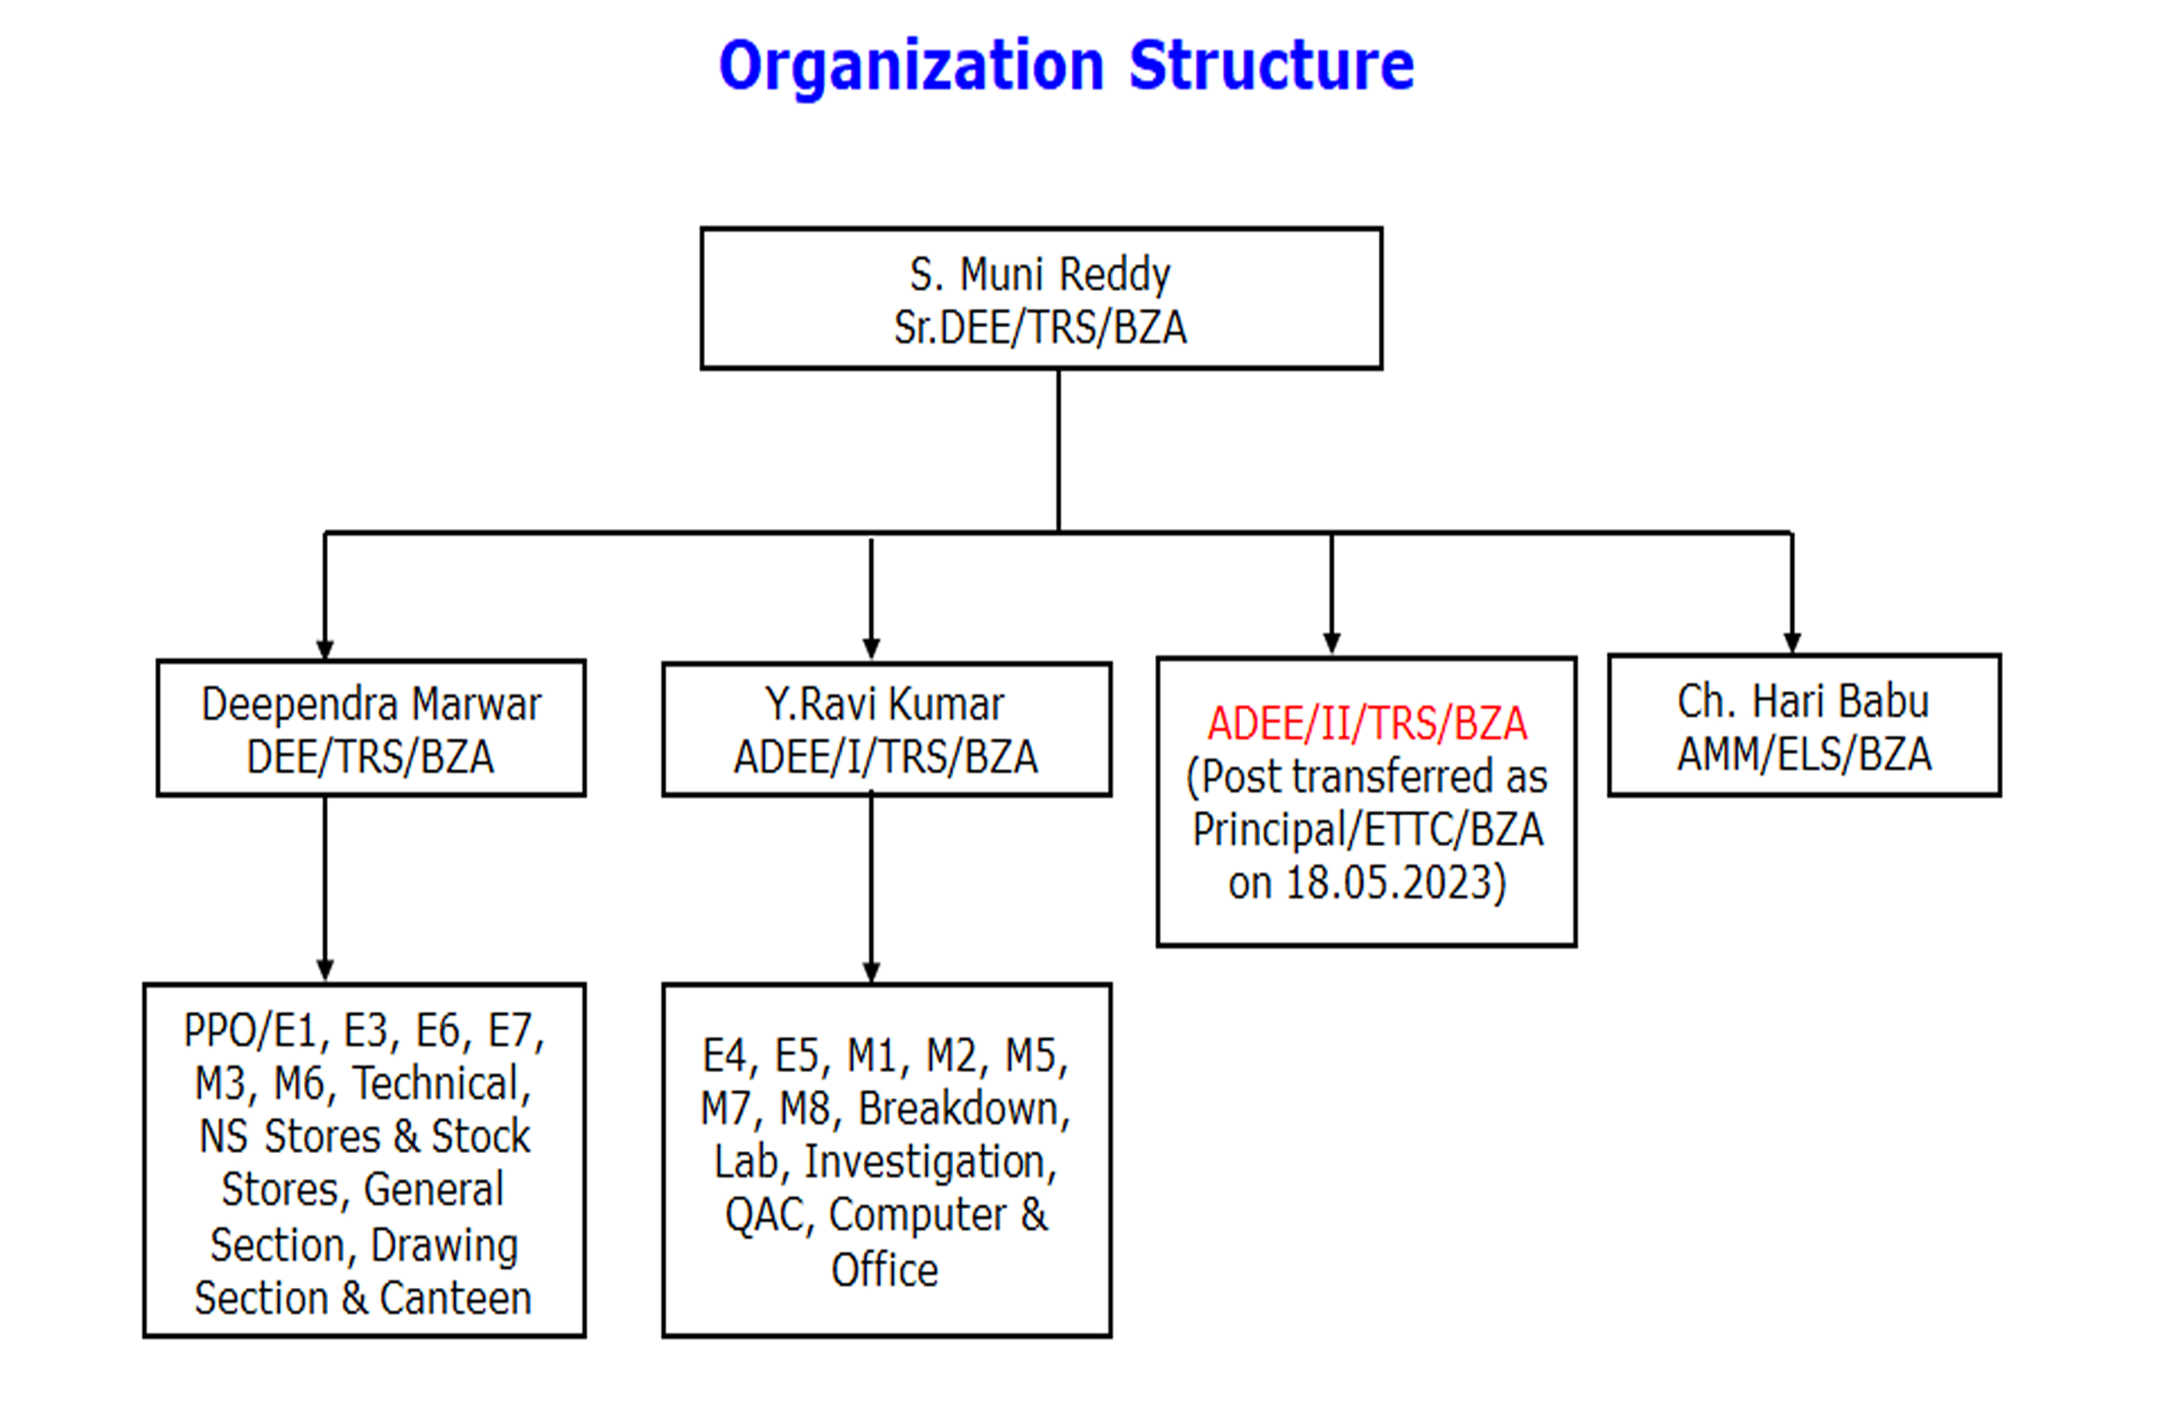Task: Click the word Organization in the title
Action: click(911, 68)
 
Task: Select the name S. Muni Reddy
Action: click(1040, 275)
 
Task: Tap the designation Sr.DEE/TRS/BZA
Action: click(1040, 327)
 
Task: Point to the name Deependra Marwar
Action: click(371, 705)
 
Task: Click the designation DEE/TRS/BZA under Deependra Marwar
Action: click(370, 757)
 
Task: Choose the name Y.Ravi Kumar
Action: click(885, 705)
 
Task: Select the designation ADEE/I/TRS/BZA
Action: click(886, 757)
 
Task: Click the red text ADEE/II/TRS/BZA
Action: click(1367, 723)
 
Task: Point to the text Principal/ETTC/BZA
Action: click(1368, 829)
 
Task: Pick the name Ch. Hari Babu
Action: click(1803, 701)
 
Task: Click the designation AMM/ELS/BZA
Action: click(1804, 755)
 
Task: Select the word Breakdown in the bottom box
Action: click(963, 1109)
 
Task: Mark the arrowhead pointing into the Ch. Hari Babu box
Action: click(1792, 644)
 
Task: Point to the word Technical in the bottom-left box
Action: click(441, 1084)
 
